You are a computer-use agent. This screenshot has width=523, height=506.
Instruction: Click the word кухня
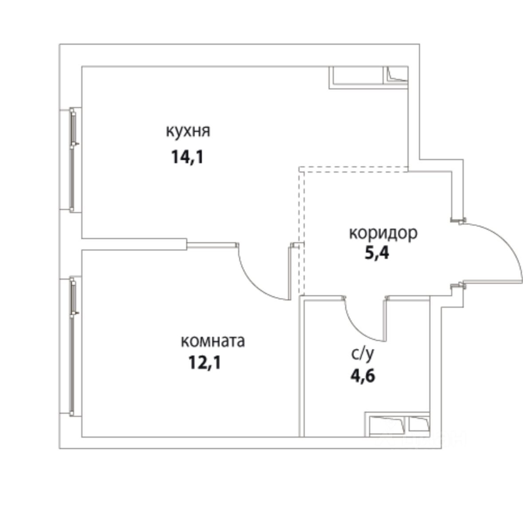point(188,131)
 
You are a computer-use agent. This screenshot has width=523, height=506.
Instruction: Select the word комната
point(213,341)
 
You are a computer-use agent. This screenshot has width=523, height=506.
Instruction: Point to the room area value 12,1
point(204,363)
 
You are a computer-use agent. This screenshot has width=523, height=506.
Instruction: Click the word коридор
point(383,233)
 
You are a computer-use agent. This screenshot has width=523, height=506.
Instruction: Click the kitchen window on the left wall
point(73,160)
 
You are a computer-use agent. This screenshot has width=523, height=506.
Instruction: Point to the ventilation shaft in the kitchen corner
point(368,77)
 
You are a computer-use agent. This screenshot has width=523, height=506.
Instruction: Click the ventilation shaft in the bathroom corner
point(397,423)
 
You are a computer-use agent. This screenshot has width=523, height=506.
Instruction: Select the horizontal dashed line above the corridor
point(354,167)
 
